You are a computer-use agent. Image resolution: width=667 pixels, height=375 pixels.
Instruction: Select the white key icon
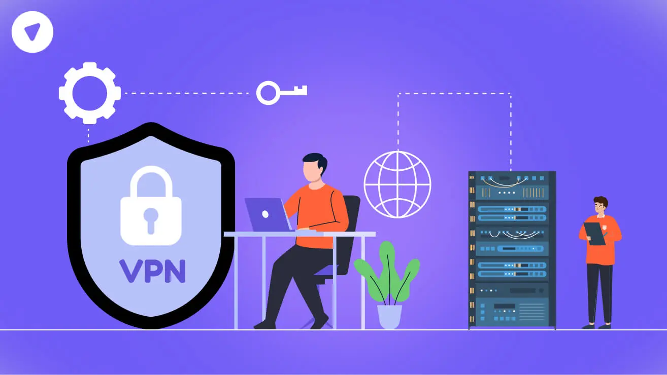pos(281,93)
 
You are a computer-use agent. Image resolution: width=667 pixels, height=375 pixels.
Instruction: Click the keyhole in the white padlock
pos(151,220)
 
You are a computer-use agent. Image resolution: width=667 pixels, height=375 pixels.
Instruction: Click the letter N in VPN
pos(175,271)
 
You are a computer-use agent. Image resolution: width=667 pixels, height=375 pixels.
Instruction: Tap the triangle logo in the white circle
pos(32,31)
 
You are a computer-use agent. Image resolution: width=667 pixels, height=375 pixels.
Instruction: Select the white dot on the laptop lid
pos(265,214)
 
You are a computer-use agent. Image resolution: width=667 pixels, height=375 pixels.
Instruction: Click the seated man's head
pos(314,168)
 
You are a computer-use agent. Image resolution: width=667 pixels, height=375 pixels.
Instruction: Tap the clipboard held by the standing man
pos(594,234)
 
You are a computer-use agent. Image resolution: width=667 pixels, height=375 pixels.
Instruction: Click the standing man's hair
pos(601,202)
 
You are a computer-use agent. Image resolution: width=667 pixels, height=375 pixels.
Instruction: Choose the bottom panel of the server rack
pos(512,312)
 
